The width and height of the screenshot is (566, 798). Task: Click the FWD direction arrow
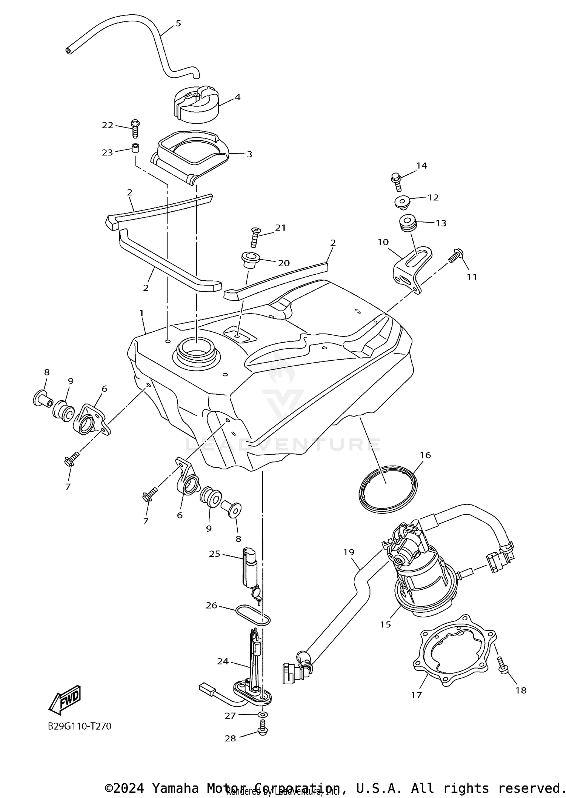coord(65,699)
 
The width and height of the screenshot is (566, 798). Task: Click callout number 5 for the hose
coord(178,23)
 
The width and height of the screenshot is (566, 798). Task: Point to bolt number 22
coord(135,128)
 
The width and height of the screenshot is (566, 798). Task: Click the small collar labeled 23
coord(135,148)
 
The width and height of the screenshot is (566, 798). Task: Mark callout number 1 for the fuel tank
coord(141,313)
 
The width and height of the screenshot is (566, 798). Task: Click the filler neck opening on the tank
coord(196,353)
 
